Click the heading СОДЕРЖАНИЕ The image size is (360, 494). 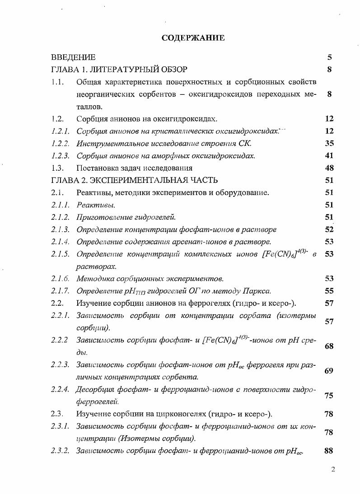[x=193, y=38]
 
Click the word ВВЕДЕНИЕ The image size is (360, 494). [x=73, y=57]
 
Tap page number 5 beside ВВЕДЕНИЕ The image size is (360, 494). [x=330, y=57]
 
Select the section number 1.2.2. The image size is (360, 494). [x=60, y=144]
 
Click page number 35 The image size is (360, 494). [x=329, y=144]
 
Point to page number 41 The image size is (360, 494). [x=329, y=156]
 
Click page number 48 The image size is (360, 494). [x=329, y=168]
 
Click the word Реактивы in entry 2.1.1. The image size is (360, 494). [x=89, y=205]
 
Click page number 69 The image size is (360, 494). [x=329, y=371]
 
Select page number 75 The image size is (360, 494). [x=329, y=396]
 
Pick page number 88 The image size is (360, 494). [x=329, y=450]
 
